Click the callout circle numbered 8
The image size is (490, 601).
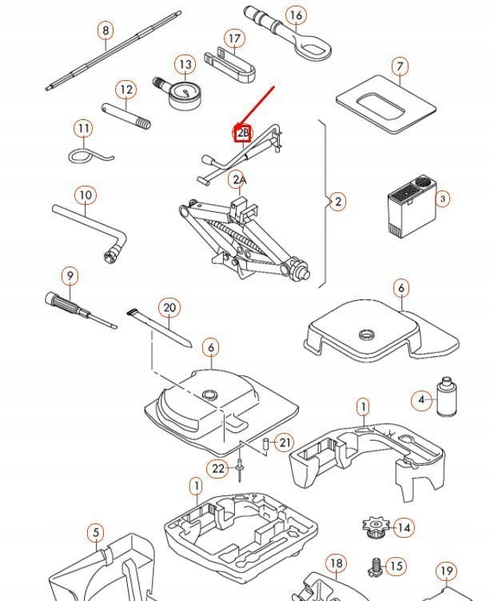point(106,31)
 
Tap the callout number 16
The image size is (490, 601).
point(296,16)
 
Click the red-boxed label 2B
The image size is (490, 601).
point(243,133)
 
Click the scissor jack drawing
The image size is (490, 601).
point(240,236)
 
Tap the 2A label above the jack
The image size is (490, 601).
point(238,180)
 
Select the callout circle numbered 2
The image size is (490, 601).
point(338,202)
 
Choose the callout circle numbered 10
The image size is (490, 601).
point(86,195)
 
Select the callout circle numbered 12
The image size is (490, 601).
point(125,90)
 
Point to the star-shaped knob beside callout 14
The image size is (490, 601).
point(374,527)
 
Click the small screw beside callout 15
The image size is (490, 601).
point(372,567)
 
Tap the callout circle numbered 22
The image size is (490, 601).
point(219,469)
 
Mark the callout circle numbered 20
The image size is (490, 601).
point(169,308)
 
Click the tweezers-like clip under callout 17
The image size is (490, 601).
point(229,64)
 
